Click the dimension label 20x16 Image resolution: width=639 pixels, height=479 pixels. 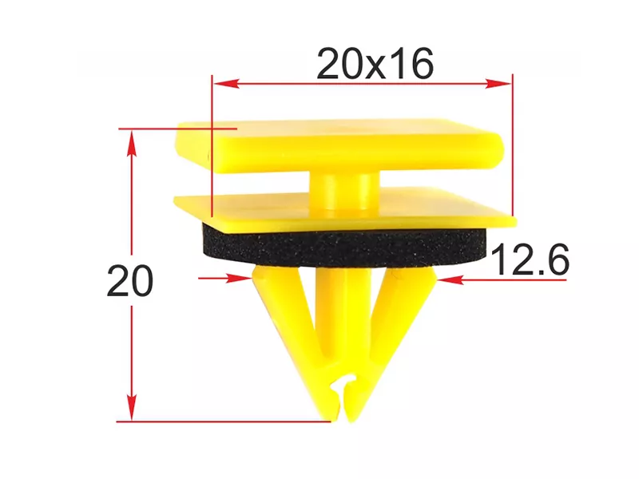click(x=375, y=64)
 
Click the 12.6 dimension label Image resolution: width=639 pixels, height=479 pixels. click(x=530, y=259)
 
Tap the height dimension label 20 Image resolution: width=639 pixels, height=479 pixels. click(x=130, y=281)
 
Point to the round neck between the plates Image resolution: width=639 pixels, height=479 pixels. click(x=344, y=189)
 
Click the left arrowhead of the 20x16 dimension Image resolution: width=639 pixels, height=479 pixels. click(x=226, y=84)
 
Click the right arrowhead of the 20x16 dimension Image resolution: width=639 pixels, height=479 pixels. click(x=498, y=84)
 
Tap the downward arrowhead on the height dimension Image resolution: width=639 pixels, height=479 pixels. click(x=131, y=407)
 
